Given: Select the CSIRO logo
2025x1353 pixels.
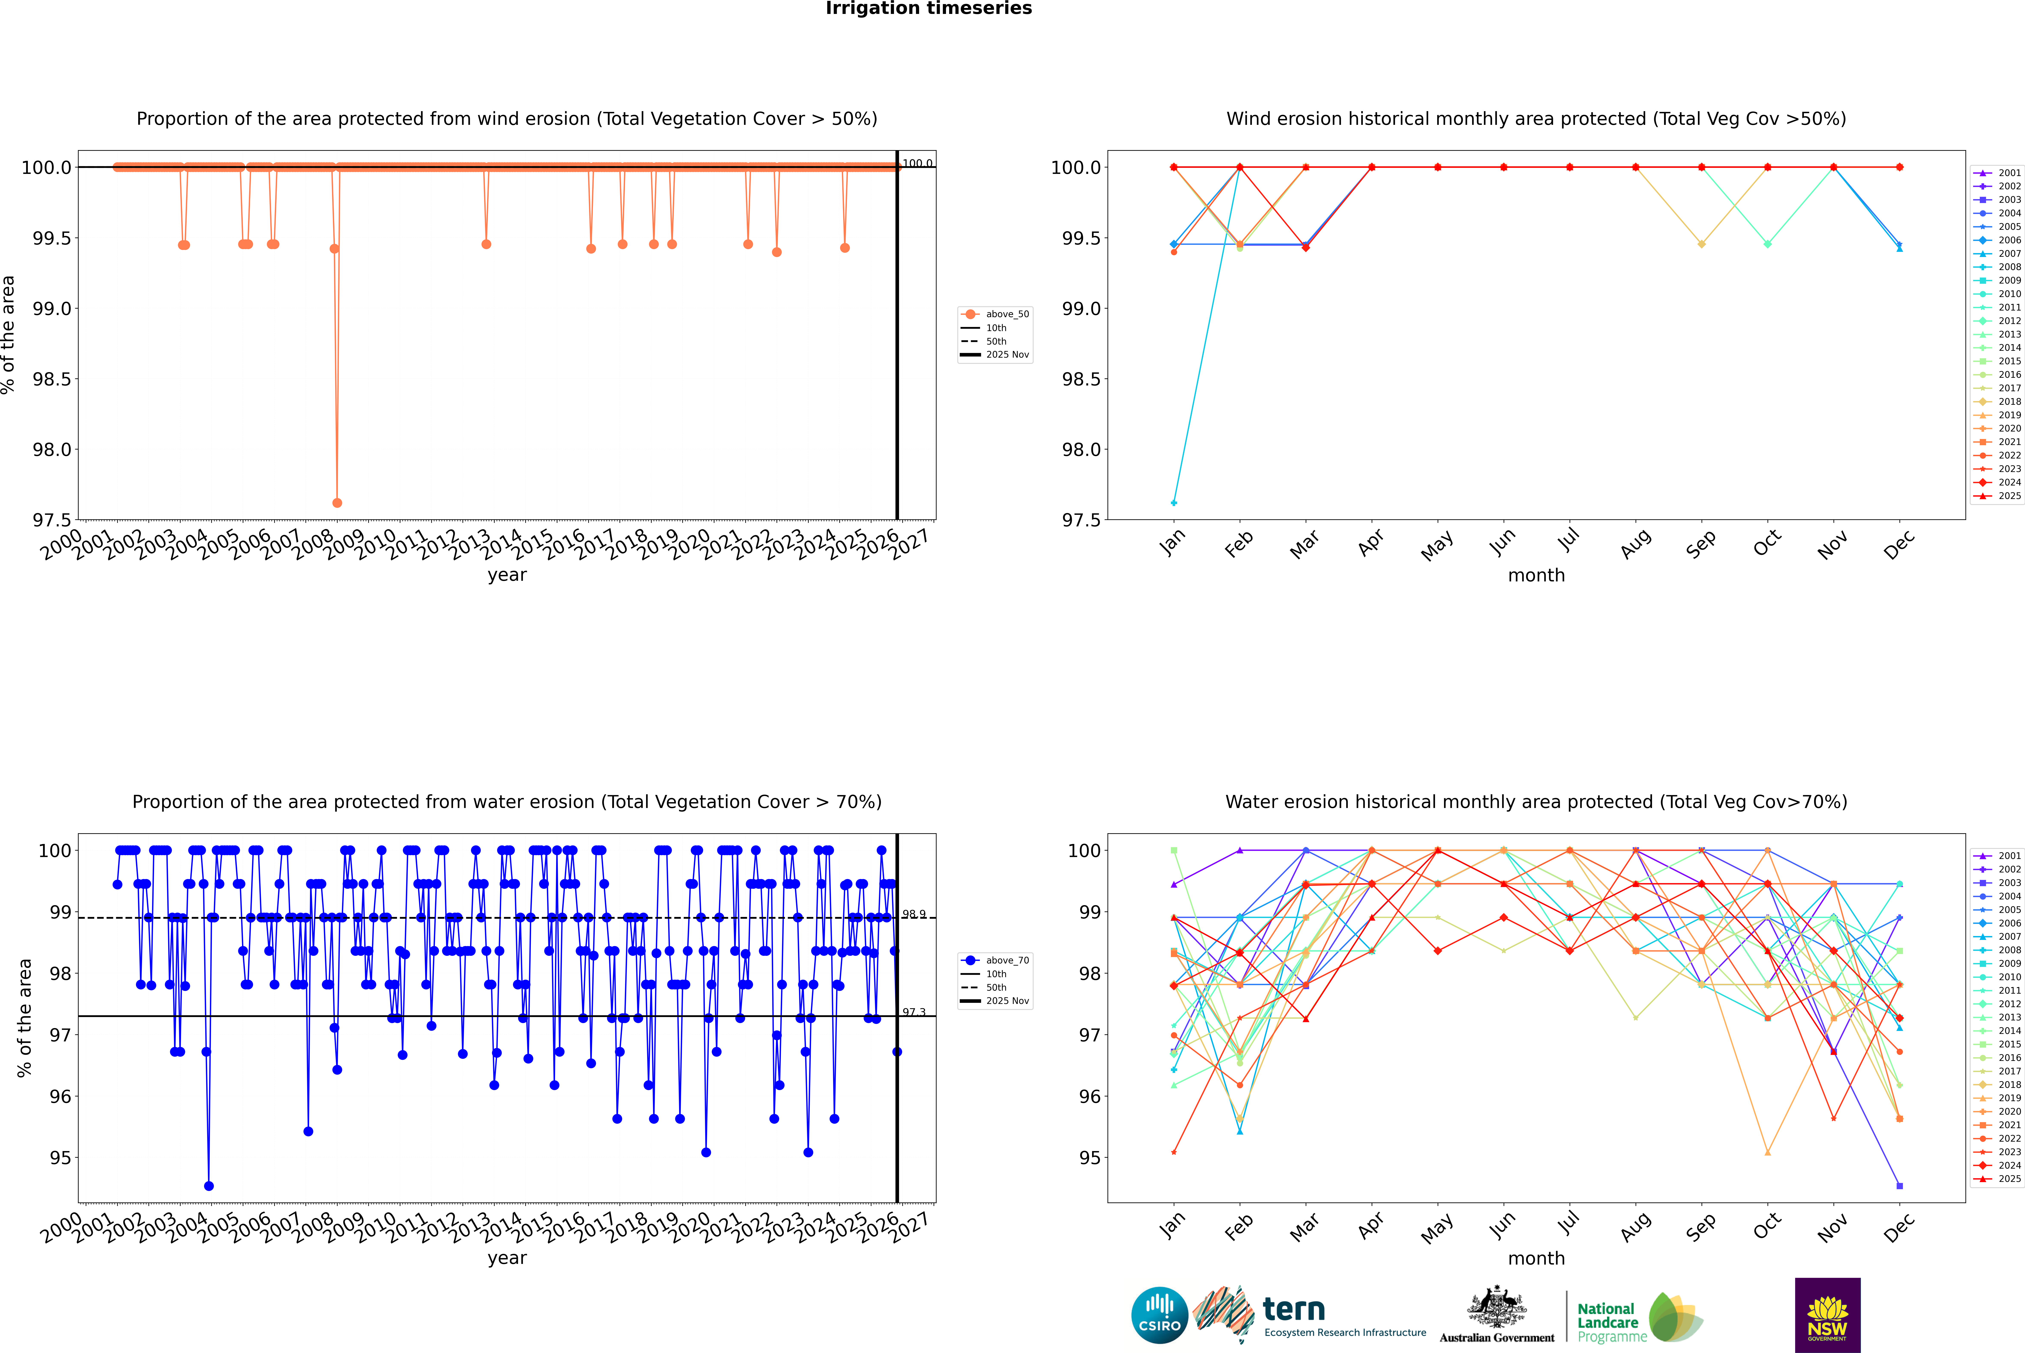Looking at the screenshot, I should tap(1159, 1315).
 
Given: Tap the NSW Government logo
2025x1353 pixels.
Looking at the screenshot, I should tap(1827, 1315).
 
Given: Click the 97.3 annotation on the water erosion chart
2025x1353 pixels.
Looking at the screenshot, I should tap(914, 1012).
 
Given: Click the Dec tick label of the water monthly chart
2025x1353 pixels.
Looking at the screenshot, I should tap(1899, 1227).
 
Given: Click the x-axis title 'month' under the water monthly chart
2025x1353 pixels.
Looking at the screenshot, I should tap(1536, 1258).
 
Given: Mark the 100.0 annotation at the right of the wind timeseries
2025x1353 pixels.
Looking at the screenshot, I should tap(917, 163).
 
